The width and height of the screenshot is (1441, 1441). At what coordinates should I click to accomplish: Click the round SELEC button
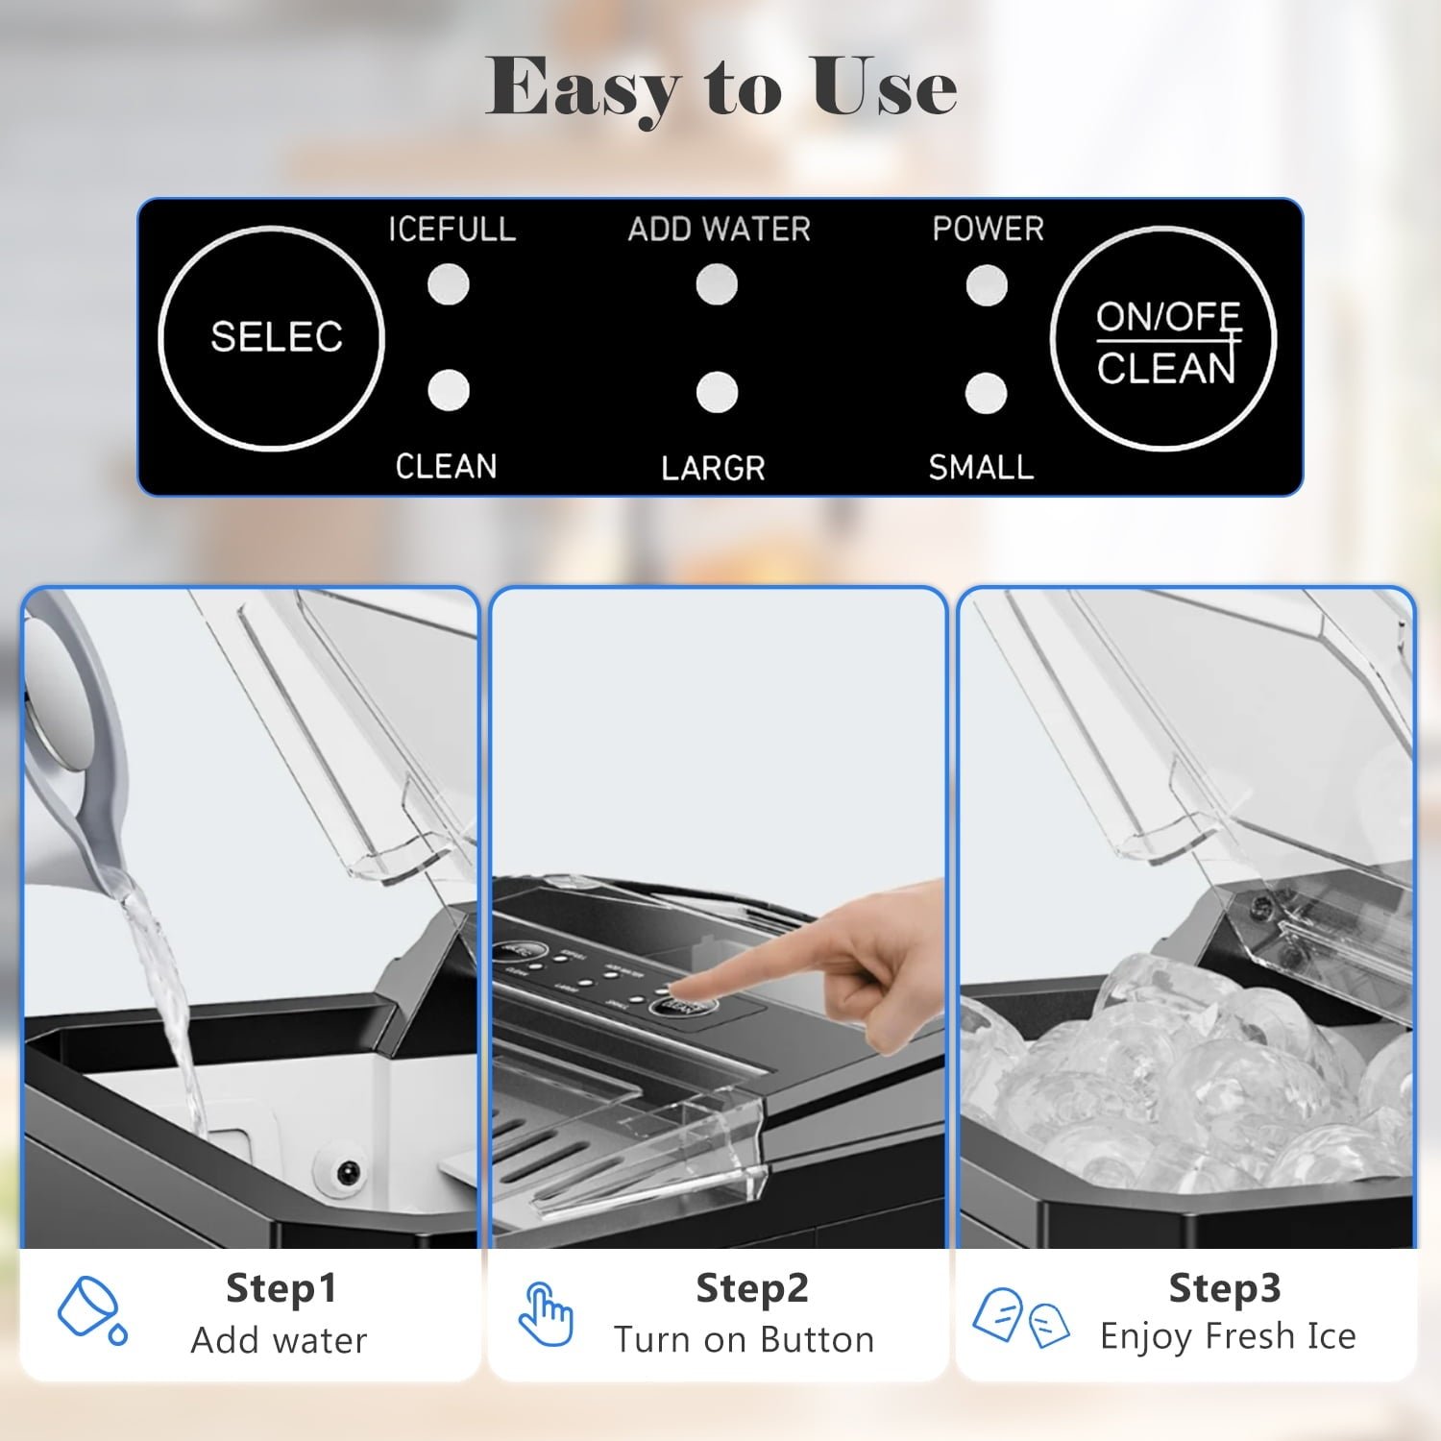click(x=271, y=338)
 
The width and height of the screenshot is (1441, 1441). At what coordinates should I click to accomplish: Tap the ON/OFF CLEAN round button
click(x=1163, y=339)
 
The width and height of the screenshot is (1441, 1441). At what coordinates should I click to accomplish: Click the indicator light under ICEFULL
click(x=448, y=284)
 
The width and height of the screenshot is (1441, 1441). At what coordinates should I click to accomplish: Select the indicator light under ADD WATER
click(x=717, y=284)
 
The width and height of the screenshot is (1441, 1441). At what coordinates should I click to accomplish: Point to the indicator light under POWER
click(x=987, y=285)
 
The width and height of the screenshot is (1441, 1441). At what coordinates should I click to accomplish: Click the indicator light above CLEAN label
click(x=448, y=391)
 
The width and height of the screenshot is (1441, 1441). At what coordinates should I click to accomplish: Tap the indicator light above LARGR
click(x=717, y=392)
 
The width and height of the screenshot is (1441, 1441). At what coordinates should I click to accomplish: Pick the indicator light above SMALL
click(x=986, y=393)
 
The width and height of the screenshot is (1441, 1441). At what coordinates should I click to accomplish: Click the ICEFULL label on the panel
click(x=452, y=229)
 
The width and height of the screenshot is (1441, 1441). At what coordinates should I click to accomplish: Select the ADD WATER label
click(x=719, y=229)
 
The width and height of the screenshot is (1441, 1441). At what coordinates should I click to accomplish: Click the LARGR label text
click(x=713, y=468)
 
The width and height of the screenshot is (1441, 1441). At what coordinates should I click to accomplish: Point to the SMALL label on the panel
click(x=981, y=467)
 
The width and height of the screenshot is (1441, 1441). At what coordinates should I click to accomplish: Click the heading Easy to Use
click(x=720, y=88)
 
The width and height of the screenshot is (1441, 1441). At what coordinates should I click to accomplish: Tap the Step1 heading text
click(x=281, y=1288)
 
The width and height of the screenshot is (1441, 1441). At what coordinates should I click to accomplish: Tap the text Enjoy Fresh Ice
click(x=1228, y=1336)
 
